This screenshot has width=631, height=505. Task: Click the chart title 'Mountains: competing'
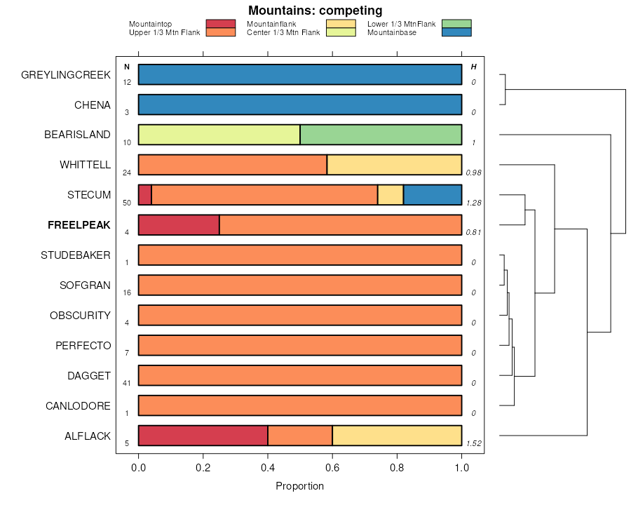click(315, 11)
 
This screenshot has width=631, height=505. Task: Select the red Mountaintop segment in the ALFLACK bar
click(203, 436)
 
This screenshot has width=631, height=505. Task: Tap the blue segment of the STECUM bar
click(432, 194)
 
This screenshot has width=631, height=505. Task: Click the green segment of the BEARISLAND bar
click(381, 134)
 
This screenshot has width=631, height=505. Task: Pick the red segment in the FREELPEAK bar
click(179, 224)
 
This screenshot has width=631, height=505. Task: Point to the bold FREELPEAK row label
click(79, 225)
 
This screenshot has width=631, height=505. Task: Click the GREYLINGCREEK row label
click(66, 74)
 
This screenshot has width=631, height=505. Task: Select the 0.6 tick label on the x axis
click(332, 467)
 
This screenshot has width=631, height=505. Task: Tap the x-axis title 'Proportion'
click(300, 486)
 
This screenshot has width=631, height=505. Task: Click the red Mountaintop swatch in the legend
click(220, 24)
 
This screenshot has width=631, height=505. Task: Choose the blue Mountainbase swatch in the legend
click(456, 32)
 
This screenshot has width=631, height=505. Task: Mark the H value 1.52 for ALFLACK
click(475, 443)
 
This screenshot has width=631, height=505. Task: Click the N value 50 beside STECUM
click(127, 203)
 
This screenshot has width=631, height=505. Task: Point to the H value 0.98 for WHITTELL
click(474, 173)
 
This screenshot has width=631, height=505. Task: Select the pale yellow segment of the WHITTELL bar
click(394, 164)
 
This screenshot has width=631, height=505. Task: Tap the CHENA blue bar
click(300, 105)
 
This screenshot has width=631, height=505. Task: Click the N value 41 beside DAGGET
click(127, 383)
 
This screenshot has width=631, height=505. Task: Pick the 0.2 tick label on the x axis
click(203, 467)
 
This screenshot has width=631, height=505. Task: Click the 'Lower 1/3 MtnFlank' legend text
click(402, 24)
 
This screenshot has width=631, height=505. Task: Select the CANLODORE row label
click(78, 406)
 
